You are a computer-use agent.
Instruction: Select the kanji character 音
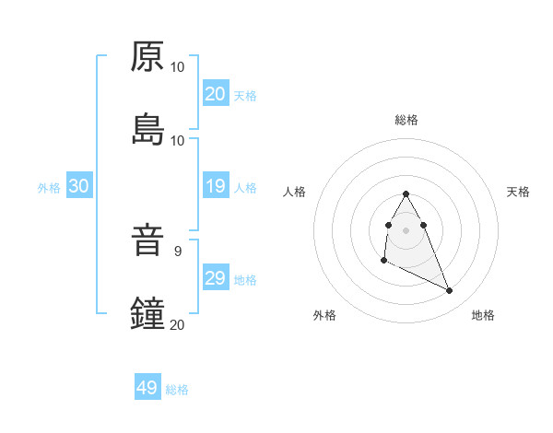147,241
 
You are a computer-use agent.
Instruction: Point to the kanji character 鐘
147,314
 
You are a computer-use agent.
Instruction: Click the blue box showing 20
216,94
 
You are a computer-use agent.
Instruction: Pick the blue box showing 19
216,187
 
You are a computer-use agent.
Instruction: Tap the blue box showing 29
216,279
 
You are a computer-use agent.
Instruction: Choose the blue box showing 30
79,187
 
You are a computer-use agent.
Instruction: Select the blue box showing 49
147,388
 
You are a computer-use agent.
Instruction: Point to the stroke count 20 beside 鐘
178,324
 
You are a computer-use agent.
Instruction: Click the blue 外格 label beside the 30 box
49,188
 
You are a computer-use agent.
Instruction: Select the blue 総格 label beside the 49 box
177,390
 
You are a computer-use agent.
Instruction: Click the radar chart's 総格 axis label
406,120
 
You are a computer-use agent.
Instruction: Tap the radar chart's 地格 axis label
483,315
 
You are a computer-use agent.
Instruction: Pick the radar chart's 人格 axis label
295,192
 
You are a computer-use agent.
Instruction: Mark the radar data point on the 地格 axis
450,291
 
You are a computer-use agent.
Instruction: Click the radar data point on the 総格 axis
406,194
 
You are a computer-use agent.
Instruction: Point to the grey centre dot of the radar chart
406,228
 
